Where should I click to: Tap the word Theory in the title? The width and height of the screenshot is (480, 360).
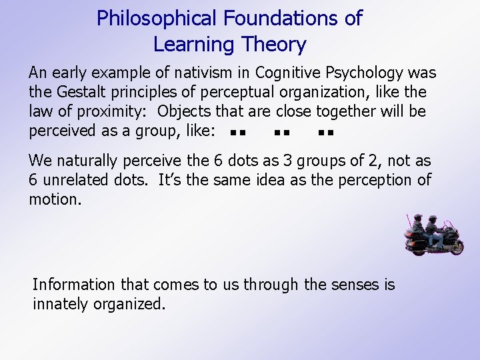pyautogui.click(x=274, y=45)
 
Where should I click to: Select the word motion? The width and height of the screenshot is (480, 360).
pyautogui.click(x=55, y=199)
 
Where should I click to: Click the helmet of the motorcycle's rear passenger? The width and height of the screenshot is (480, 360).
pyautogui.click(x=419, y=218)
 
